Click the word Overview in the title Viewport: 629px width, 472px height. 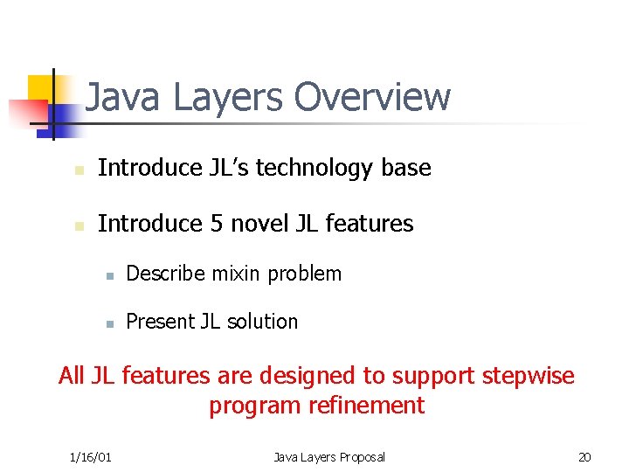[x=372, y=97]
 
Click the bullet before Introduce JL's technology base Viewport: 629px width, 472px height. [x=78, y=169]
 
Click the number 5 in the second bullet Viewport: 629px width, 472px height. [x=217, y=224]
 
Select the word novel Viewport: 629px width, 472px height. [x=259, y=224]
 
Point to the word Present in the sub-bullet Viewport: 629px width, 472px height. [x=160, y=322]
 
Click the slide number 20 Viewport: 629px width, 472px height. [x=584, y=456]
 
